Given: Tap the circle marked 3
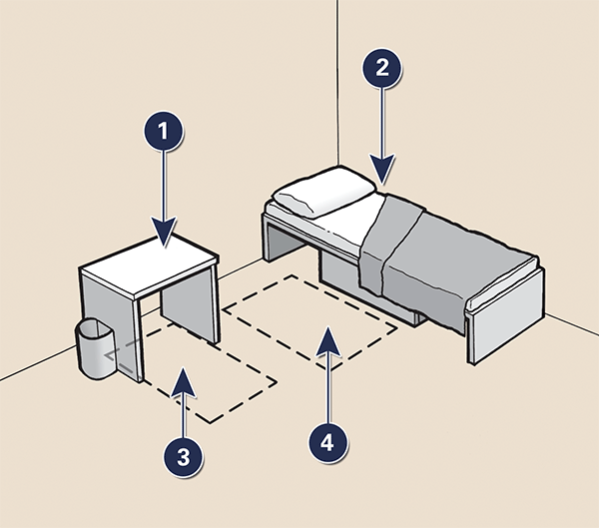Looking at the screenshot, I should pos(182,456).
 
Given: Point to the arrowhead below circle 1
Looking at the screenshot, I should pos(165,234).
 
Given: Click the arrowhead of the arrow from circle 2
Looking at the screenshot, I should pos(382,172).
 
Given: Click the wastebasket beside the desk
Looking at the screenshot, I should pos(97,349).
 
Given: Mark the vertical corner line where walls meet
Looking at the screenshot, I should pos(338,80).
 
